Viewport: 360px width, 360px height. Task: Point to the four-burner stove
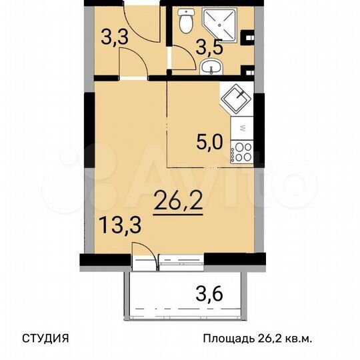pos(241,151)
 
